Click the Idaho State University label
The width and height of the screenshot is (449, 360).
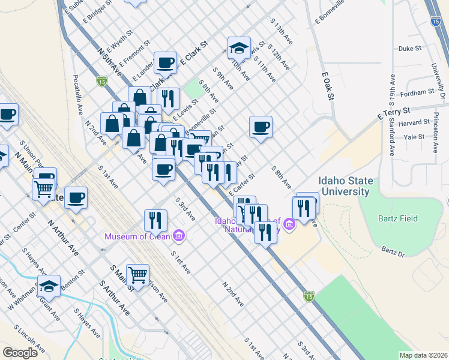346,186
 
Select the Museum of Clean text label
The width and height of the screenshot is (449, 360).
137,236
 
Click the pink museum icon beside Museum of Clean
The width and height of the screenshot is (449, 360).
178,236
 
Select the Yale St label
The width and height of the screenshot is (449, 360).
414,137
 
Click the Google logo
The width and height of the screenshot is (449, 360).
20,353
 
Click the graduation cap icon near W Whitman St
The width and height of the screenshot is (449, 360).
49,286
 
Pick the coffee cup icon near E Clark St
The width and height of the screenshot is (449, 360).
165,62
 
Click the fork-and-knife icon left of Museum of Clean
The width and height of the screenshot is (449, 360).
155,220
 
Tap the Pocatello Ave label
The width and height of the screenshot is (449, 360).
78,94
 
